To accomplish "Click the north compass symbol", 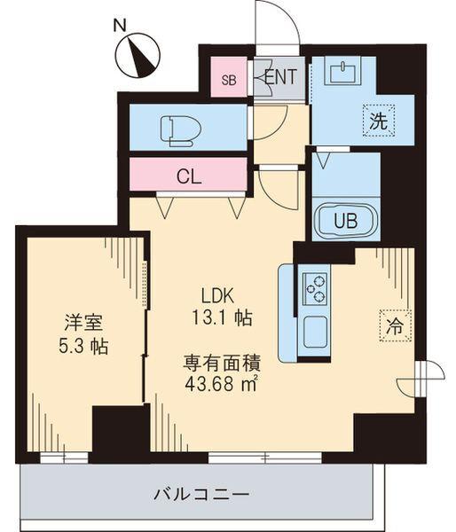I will pos(138,55).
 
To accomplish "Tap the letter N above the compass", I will pos(120,25).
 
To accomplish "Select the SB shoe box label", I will pos(229,80).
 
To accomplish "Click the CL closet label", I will pos(188,176).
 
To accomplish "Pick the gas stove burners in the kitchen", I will pos(315,286).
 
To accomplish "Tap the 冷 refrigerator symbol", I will pos(395,325).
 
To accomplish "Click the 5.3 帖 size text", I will pos(80,346).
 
